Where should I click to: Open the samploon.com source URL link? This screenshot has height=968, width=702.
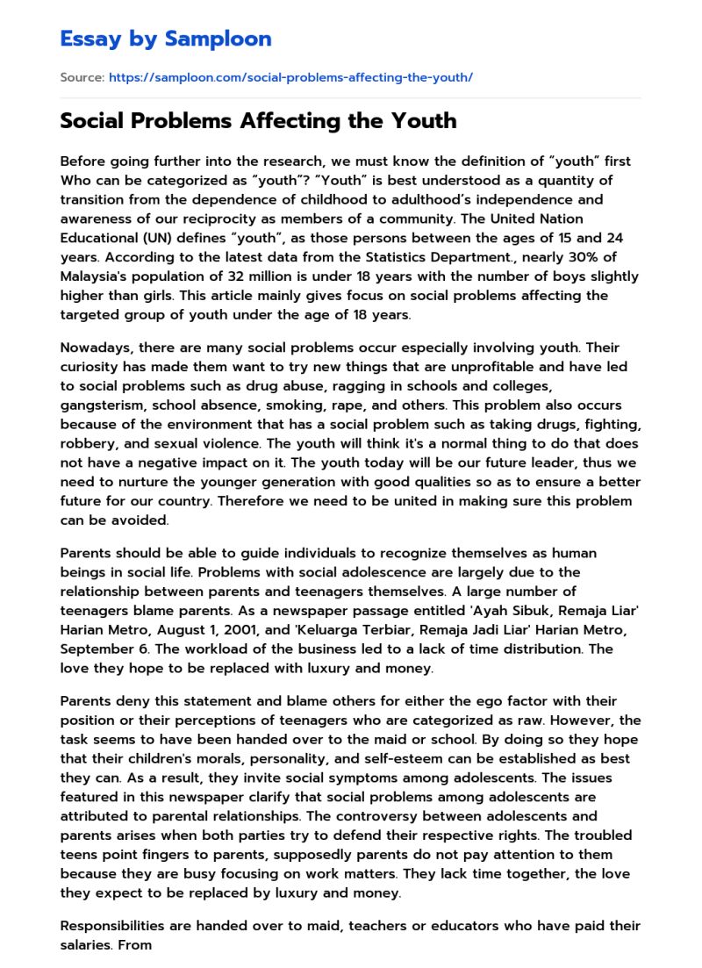tap(290, 77)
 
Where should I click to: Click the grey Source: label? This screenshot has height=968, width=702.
tap(82, 77)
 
